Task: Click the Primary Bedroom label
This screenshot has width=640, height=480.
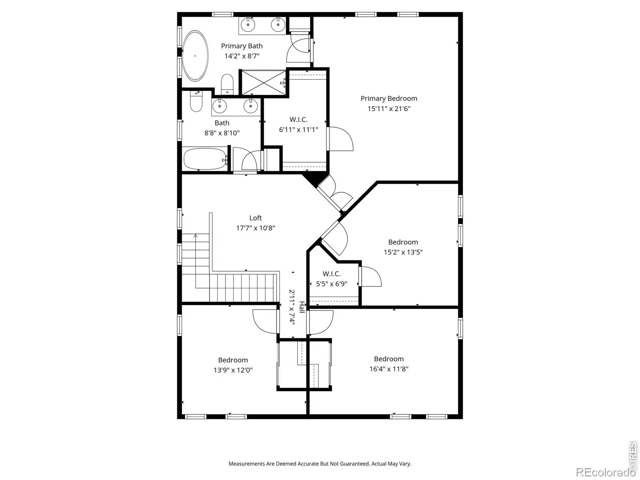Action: (389, 98)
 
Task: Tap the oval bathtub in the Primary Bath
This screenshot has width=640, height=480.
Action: (195, 56)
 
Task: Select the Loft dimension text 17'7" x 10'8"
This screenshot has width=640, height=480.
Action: (256, 228)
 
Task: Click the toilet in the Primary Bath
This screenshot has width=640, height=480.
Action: (227, 84)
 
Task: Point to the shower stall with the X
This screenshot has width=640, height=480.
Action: (263, 82)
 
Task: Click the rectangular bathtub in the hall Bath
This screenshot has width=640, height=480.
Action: (205, 159)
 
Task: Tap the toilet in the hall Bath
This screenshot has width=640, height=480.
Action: (196, 102)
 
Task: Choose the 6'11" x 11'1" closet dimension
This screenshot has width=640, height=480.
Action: (298, 129)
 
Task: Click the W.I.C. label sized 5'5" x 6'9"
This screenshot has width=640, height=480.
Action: (332, 274)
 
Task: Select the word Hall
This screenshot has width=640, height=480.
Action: (302, 307)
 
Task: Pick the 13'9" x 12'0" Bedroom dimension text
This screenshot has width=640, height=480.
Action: (233, 370)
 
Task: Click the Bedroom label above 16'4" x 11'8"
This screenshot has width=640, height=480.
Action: (389, 359)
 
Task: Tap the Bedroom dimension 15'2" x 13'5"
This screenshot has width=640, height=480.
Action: (403, 252)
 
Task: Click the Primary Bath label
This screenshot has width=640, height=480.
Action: (242, 46)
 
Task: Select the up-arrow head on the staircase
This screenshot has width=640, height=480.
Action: (196, 236)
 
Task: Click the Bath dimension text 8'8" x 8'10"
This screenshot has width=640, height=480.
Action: (222, 133)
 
